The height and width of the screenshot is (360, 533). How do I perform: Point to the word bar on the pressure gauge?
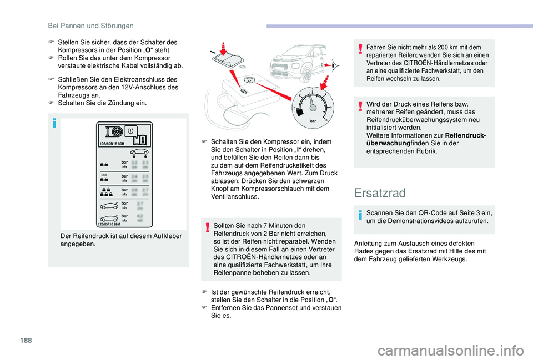(x=312, y=119)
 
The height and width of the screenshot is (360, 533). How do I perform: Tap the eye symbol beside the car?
(x=334, y=67)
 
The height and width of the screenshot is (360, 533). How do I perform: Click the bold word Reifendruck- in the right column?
(x=465, y=135)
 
